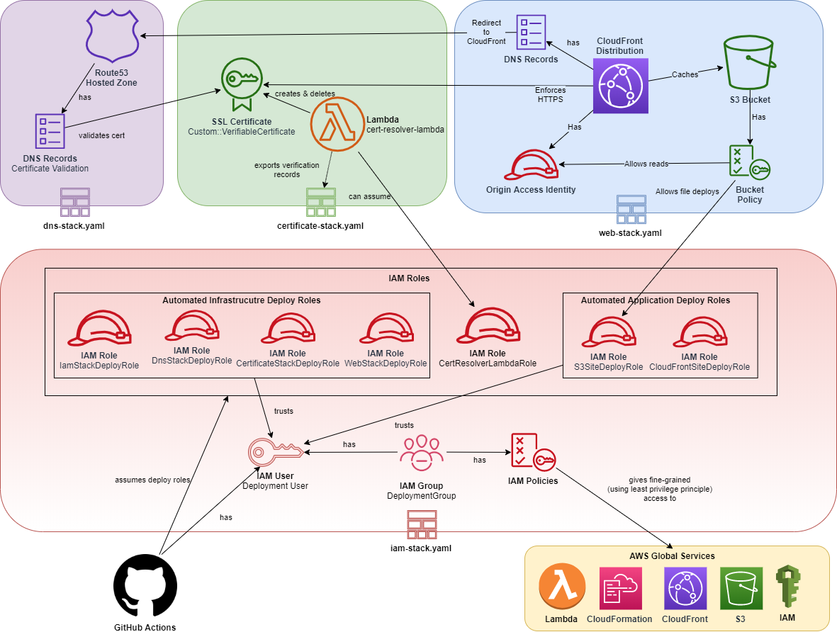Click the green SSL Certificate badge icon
(x=242, y=83)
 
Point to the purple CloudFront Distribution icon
(x=620, y=86)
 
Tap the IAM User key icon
(x=275, y=451)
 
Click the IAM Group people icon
(x=421, y=453)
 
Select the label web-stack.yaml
(x=629, y=232)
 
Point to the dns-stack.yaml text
(x=74, y=226)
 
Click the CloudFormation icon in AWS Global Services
(x=619, y=588)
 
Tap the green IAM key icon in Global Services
(x=787, y=585)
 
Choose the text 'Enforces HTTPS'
(x=550, y=94)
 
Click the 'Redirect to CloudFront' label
(x=486, y=32)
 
